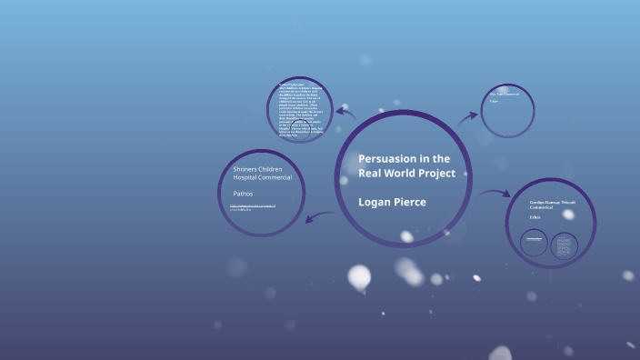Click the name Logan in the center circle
[x=376, y=201]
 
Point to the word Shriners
[x=247, y=169]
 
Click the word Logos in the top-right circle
[x=495, y=101]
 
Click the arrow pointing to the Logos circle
[x=468, y=116]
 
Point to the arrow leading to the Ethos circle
[x=495, y=193]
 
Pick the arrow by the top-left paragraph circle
[x=345, y=112]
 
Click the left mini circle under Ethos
[x=534, y=243]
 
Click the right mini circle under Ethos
[x=565, y=245]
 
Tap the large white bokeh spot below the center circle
[x=359, y=276]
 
